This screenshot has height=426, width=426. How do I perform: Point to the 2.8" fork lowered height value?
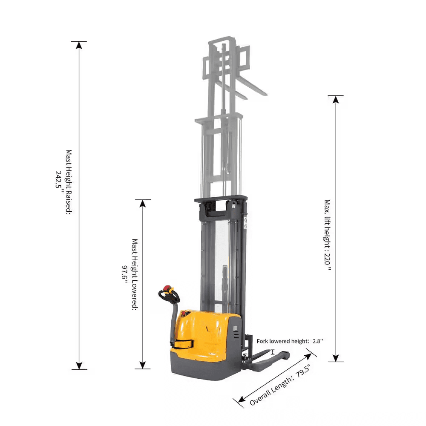(318, 341)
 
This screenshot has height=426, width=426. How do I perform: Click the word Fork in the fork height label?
(263, 341)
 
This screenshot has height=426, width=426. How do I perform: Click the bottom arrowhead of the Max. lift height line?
(336, 357)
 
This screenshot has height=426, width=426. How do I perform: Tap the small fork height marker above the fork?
(273, 352)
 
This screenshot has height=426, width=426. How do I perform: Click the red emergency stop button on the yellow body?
(185, 314)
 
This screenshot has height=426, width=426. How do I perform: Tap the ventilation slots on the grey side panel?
(236, 334)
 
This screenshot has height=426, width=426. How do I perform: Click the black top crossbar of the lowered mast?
(221, 199)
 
